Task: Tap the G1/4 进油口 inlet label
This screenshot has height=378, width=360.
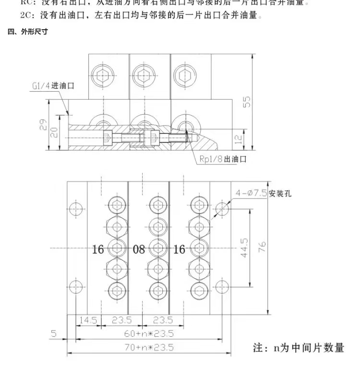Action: click(x=53, y=86)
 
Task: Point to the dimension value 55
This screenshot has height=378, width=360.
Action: click(x=247, y=102)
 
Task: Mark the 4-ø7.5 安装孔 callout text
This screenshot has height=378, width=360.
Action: click(x=263, y=194)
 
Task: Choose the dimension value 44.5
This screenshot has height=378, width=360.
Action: click(x=245, y=248)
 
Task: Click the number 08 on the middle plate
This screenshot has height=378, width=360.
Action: click(x=139, y=249)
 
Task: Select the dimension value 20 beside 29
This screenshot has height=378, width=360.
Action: click(x=54, y=132)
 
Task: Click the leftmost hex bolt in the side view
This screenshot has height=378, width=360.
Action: click(x=102, y=74)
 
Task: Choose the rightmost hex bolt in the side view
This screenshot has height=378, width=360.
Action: click(x=184, y=74)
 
